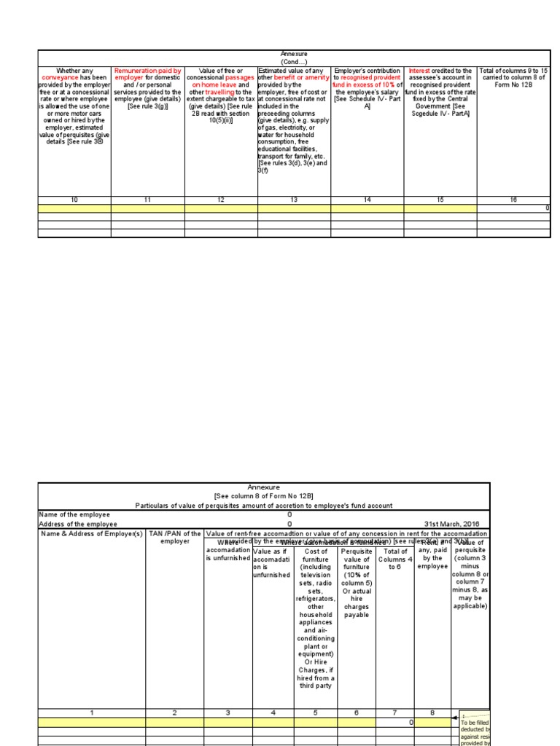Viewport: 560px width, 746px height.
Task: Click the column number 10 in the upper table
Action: click(74, 200)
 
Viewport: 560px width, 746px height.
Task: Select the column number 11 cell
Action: click(147, 200)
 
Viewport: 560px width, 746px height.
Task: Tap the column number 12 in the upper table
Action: click(221, 200)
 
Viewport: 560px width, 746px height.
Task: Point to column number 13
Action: click(294, 200)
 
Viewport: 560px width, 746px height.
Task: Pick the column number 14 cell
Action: click(367, 200)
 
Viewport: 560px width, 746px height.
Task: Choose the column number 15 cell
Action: click(440, 200)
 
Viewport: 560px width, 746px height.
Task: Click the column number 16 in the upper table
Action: click(514, 200)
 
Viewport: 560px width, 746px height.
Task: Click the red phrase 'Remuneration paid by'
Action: click(147, 71)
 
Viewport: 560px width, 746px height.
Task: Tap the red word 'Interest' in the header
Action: click(422, 71)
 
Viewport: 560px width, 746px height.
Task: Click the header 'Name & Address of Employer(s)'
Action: click(92, 534)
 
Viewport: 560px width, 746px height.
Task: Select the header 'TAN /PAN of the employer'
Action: click(175, 538)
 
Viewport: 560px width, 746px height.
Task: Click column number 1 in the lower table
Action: click(92, 712)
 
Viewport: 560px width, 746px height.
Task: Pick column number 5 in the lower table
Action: click(316, 712)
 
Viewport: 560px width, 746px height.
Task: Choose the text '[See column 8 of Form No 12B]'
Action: click(263, 496)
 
